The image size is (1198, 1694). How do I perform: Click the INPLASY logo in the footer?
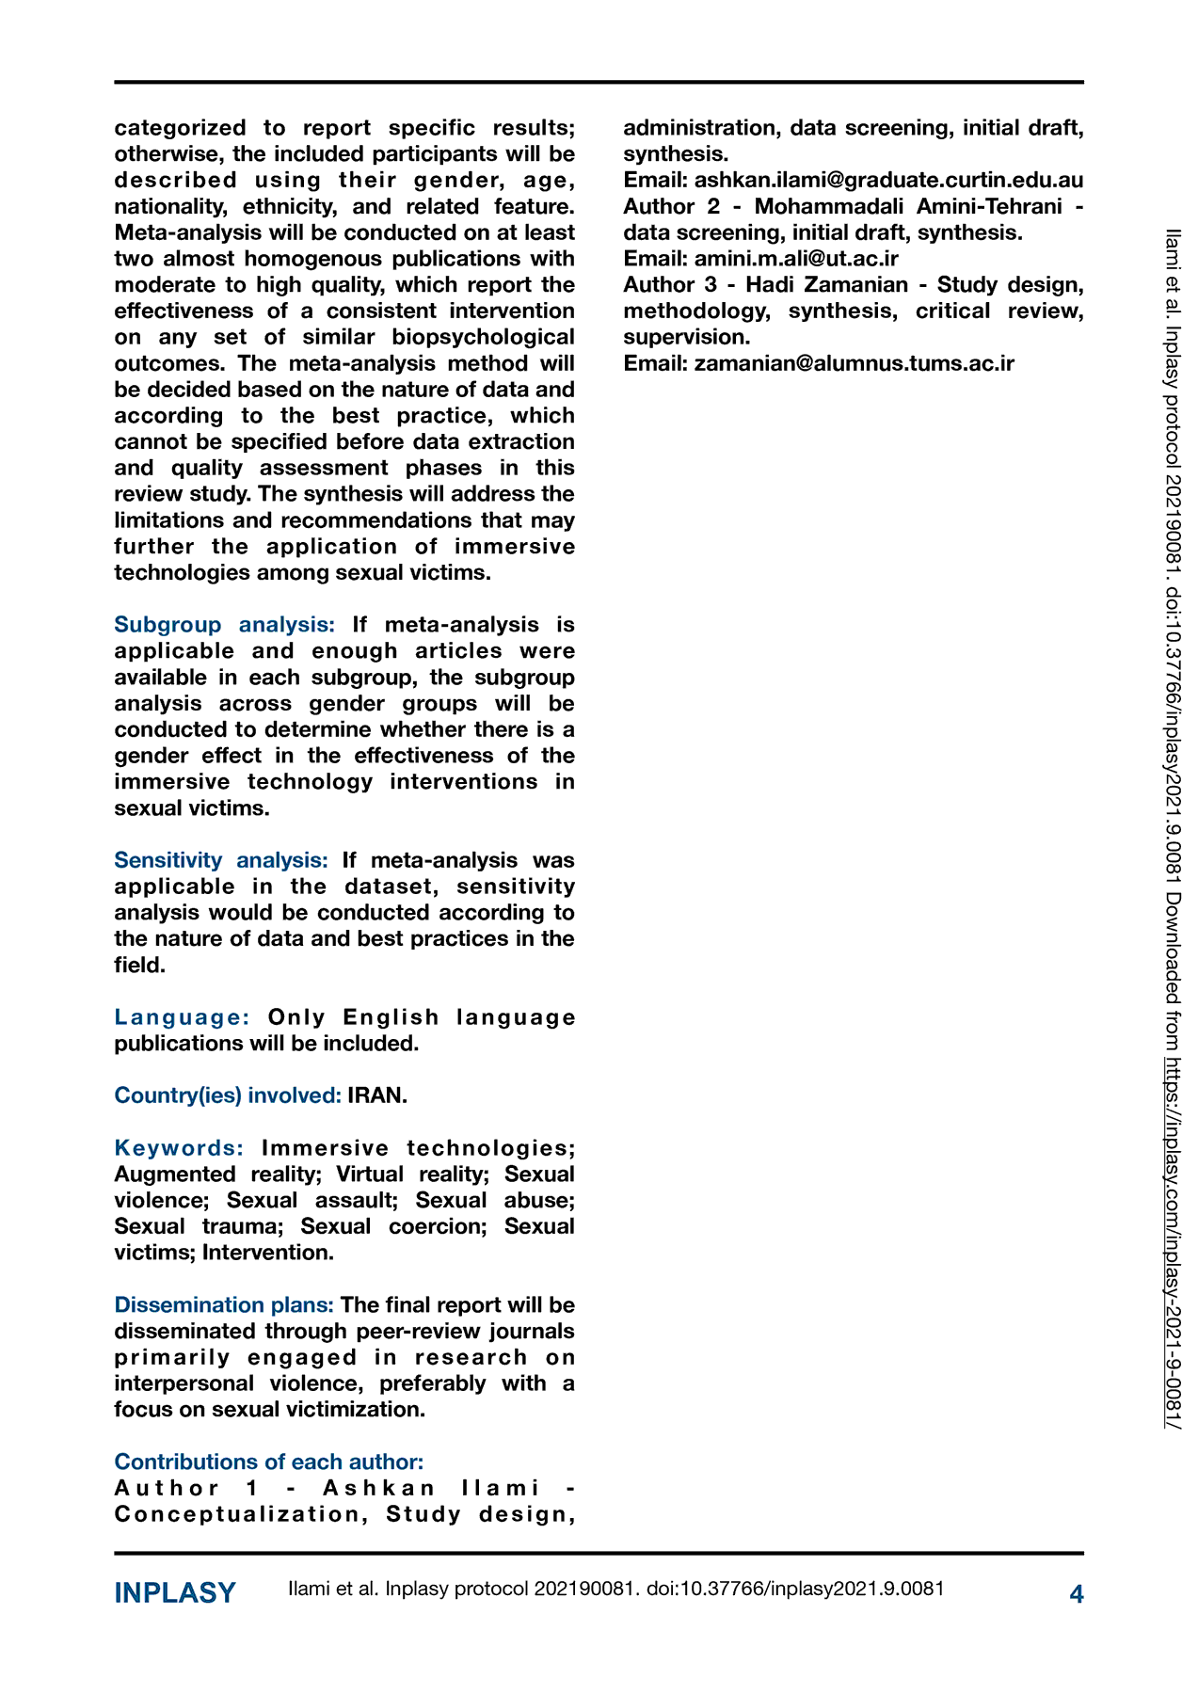(175, 1593)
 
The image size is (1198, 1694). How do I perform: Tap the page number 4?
(1077, 1594)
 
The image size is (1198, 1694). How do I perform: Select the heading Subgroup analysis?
(224, 625)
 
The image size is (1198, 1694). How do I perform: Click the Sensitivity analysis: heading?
(221, 860)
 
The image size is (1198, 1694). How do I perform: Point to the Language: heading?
(182, 1017)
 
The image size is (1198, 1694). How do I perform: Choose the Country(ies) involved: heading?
(228, 1095)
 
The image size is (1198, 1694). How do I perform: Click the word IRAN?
(376, 1095)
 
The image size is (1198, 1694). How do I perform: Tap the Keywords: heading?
(179, 1148)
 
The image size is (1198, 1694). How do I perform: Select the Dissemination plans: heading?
(224, 1305)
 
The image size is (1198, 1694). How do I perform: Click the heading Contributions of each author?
(269, 1462)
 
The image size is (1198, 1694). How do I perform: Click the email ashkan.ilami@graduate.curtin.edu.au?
(888, 181)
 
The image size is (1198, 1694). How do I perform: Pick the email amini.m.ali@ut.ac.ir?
(796, 259)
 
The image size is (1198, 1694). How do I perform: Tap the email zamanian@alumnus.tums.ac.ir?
(854, 363)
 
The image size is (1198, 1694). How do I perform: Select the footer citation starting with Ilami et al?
(616, 1590)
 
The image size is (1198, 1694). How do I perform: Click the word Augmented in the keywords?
(175, 1175)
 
